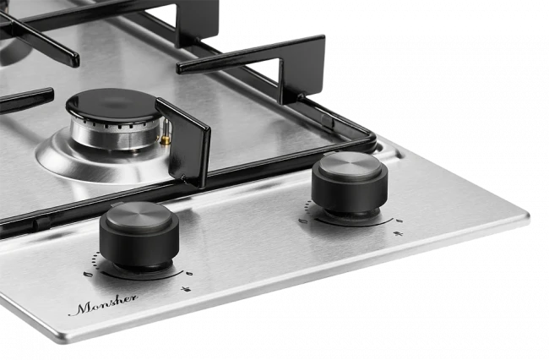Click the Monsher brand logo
coord(103,305)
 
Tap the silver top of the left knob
coord(139,215)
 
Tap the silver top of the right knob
coord(351,166)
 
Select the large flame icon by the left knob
coord(88,275)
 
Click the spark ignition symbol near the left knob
coord(186,289)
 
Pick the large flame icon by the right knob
coord(303,221)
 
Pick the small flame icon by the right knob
coord(399,221)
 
